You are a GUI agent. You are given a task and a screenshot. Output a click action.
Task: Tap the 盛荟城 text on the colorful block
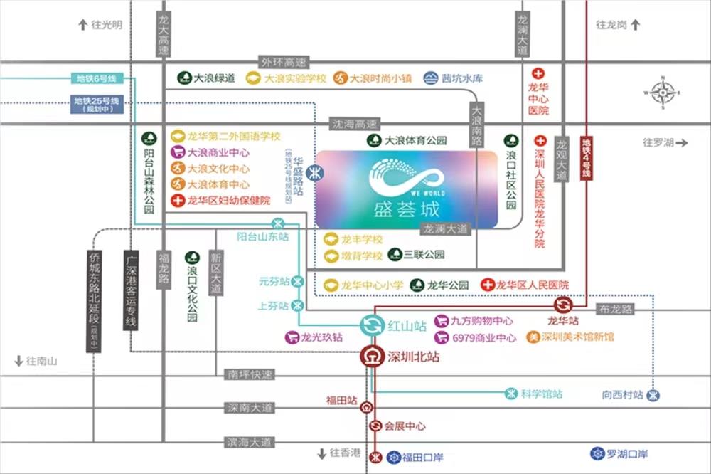(405, 211)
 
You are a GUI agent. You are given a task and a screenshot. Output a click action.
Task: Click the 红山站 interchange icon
(371, 326)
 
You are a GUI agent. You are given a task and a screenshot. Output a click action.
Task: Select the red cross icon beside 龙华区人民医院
(488, 285)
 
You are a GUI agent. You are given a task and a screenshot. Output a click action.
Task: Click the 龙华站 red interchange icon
(562, 305)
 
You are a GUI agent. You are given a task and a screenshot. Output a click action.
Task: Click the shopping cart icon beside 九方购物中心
(441, 321)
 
